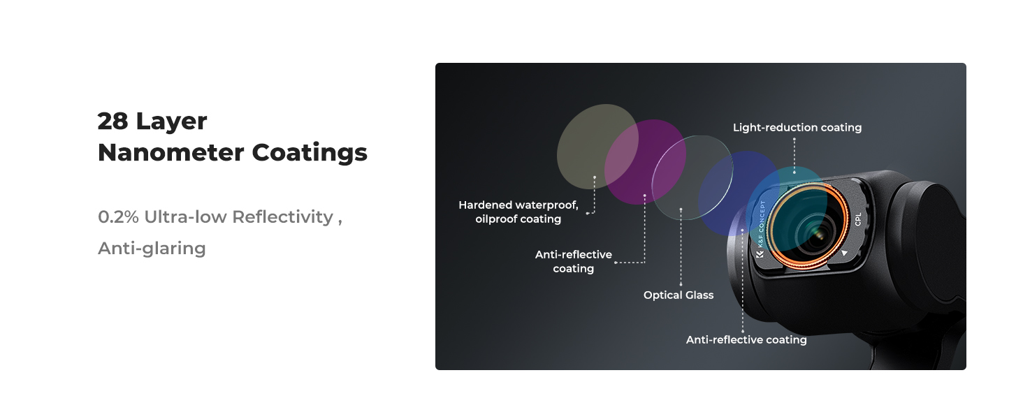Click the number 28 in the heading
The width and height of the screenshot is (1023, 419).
coord(113,122)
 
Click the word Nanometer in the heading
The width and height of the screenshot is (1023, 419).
coord(170,152)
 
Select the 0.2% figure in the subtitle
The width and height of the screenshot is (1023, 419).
coord(118,216)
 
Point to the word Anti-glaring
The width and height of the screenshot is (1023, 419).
coord(152,249)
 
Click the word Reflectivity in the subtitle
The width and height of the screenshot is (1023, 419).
coord(283,217)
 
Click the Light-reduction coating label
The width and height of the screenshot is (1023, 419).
coord(797,127)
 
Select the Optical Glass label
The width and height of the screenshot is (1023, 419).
coord(679,295)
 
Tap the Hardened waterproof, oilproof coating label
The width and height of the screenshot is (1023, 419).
coord(518,212)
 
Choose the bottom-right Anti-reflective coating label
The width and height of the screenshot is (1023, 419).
coord(746,339)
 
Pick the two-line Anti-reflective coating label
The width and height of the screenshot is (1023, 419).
coord(574,261)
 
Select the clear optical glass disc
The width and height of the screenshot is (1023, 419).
coord(692,177)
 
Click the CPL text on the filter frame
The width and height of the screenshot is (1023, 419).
coord(857,219)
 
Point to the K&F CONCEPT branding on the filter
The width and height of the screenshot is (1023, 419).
coord(761,228)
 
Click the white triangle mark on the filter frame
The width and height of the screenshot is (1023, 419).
coord(844,252)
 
